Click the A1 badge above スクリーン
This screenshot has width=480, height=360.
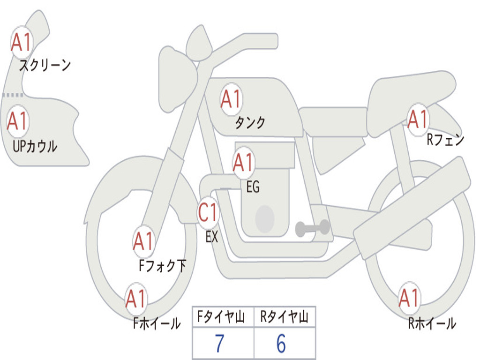[21, 43]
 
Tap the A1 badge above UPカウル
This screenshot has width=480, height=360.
[18, 121]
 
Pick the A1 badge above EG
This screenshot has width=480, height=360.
[243, 163]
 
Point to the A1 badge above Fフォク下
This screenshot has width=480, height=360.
[143, 241]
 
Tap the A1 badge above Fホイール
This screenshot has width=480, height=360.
[136, 299]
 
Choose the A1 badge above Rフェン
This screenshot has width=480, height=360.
[417, 120]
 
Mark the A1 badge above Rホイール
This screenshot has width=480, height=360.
[409, 298]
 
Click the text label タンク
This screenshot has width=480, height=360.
[250, 123]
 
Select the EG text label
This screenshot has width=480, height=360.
[253, 187]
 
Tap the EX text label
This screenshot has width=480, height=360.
[212, 237]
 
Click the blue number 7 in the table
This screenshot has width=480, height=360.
[219, 344]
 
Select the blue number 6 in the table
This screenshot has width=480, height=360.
[281, 344]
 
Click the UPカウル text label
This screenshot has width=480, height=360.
[35, 147]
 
